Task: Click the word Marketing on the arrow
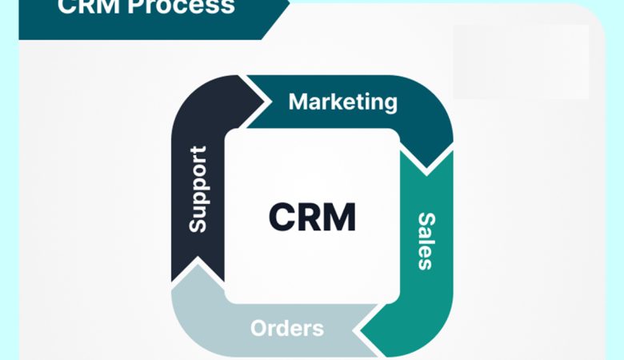(342, 102)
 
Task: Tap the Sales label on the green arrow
(426, 241)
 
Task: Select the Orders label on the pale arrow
(286, 328)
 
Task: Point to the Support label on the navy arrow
(198, 189)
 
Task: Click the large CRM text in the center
(312, 217)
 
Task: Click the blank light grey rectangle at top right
(521, 61)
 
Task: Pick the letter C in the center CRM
(282, 217)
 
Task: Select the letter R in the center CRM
(310, 217)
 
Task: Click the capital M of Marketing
(298, 102)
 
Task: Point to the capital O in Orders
(258, 328)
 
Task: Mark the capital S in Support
(198, 224)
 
